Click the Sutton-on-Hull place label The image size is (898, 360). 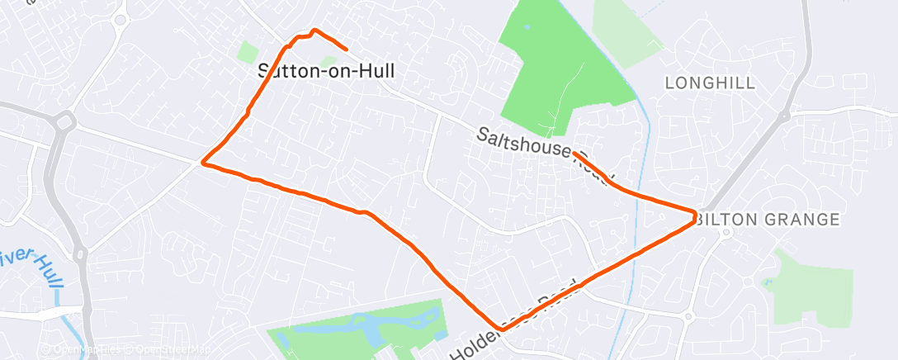326,71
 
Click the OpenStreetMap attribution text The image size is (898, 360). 162,349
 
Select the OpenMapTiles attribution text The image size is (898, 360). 87,349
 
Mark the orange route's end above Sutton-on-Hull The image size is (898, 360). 345,50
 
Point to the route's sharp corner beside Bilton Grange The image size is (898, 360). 694,216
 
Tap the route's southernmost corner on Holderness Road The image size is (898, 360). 498,329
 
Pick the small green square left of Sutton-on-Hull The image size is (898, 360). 248,52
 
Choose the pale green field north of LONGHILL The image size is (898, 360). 627,29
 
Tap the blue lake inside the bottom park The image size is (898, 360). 347,334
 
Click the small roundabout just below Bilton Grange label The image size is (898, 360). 726,233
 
